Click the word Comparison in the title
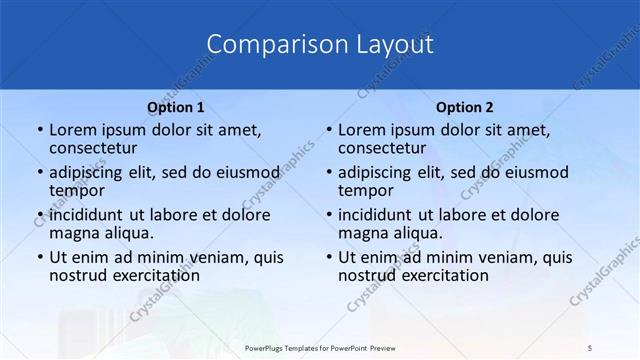click(262, 45)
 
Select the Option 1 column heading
click(176, 107)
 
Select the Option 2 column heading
click(465, 107)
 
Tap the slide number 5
click(590, 347)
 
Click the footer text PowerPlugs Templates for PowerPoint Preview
click(320, 347)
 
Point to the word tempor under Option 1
click(77, 190)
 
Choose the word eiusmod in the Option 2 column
click(535, 171)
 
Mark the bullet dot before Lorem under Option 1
click(40, 130)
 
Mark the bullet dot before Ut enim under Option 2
click(329, 257)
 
